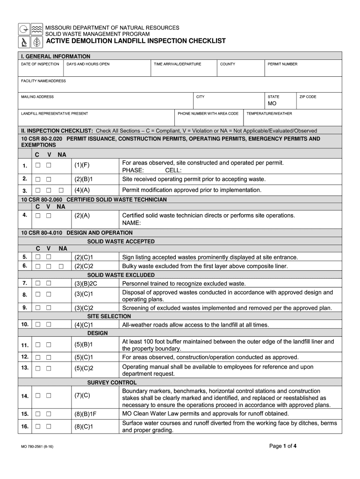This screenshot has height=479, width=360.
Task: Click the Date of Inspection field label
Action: point(40,64)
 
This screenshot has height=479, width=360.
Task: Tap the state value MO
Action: point(272,103)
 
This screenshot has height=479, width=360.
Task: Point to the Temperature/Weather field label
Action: point(269,114)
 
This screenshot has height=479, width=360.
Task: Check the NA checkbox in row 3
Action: point(61,190)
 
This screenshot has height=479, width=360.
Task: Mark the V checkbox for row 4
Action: point(49,216)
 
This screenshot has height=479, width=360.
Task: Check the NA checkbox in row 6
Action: point(61,266)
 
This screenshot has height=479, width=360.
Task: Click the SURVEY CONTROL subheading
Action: point(112,383)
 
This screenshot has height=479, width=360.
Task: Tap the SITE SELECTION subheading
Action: point(109,316)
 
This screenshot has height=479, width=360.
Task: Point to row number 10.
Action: point(24,324)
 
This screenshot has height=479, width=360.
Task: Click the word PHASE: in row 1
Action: point(133,170)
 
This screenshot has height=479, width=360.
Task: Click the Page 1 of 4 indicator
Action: point(283,446)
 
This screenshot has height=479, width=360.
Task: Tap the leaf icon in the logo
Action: point(36,42)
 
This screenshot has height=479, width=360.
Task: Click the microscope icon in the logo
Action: point(24,42)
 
